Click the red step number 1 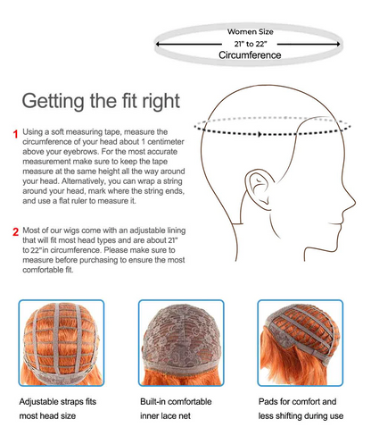pyautogui.click(x=16, y=134)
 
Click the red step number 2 pyautogui.click(x=16, y=231)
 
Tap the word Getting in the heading pyautogui.click(x=53, y=102)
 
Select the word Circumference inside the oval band pyautogui.click(x=250, y=55)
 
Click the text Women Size pyautogui.click(x=251, y=31)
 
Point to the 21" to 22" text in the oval pyautogui.click(x=251, y=44)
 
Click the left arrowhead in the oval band pyautogui.click(x=158, y=44)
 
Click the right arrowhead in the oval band pyautogui.click(x=338, y=44)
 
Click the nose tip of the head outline pyautogui.click(x=355, y=202)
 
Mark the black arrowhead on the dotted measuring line pyautogui.click(x=260, y=134)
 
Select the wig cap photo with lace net pyautogui.click(x=181, y=343)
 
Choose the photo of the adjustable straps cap pyautogui.click(x=62, y=343)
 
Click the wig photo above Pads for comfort pyautogui.click(x=301, y=343)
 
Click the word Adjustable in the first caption pyautogui.click(x=39, y=402)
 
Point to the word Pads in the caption pyautogui.click(x=268, y=401)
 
